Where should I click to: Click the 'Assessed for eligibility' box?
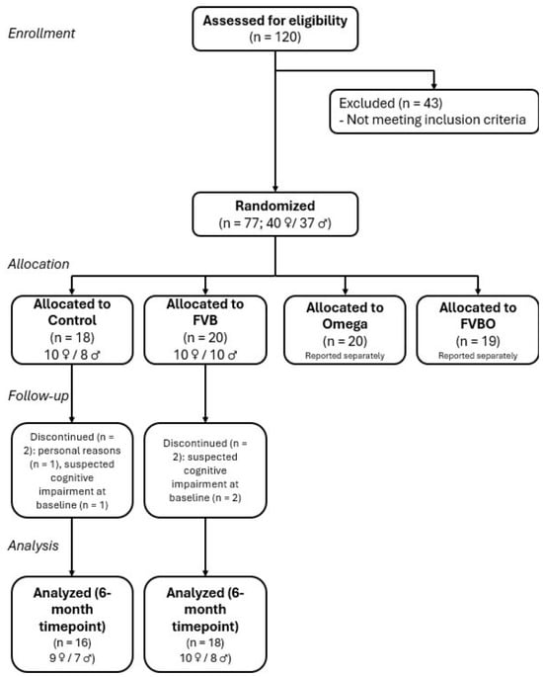tap(275, 29)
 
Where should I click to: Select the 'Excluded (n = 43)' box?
tap(433, 112)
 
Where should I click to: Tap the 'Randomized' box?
tap(275, 214)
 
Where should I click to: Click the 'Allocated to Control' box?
tap(72, 330)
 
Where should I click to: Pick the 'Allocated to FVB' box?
tap(205, 330)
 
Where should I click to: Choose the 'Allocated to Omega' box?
tap(345, 330)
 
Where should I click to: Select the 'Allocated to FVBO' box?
tap(478, 330)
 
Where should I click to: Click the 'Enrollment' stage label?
tap(41, 34)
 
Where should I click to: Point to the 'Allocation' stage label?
tap(39, 264)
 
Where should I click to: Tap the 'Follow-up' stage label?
tap(39, 396)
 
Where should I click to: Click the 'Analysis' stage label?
tap(34, 546)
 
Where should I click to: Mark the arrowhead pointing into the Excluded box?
tap(433, 85)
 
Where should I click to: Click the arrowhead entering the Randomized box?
tap(275, 189)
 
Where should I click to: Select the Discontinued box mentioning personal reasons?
tap(72, 470)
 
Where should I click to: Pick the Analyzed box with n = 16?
tap(72, 625)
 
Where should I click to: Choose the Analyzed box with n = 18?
tap(205, 625)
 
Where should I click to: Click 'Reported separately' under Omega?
tap(345, 356)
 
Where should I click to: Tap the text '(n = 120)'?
tap(275, 37)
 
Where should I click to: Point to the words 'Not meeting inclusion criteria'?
tap(436, 120)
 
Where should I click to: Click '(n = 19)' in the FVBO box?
tap(478, 341)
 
